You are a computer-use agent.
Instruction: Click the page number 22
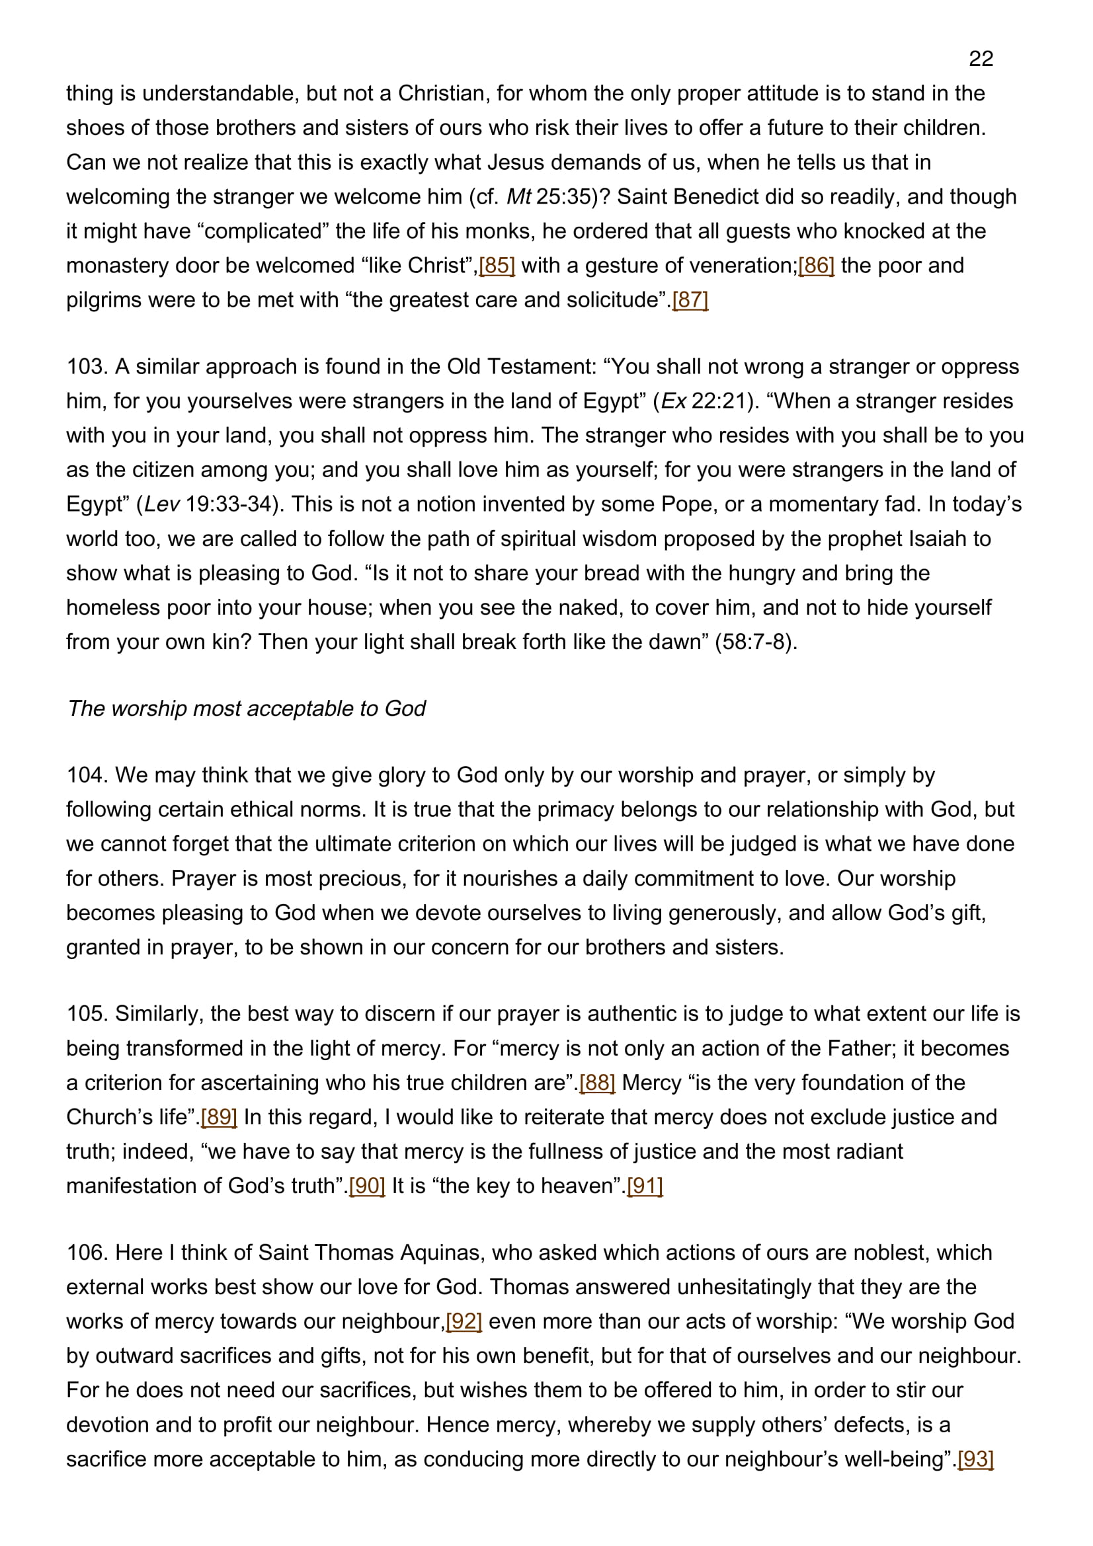[981, 59]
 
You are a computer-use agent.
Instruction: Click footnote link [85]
[497, 265]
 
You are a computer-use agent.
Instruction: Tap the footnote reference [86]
[816, 265]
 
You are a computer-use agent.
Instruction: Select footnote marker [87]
[690, 299]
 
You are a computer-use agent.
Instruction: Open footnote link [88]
[597, 1083]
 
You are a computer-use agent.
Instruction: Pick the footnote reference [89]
[219, 1117]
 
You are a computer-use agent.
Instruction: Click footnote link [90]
[367, 1186]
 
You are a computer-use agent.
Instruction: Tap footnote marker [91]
[645, 1186]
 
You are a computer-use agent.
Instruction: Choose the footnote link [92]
[464, 1321]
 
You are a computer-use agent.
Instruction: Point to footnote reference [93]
[975, 1459]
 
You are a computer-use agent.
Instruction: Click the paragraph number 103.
[87, 367]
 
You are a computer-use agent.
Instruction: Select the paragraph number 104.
[87, 775]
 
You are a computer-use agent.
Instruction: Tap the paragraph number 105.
[87, 1014]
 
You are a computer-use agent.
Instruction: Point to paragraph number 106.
[87, 1253]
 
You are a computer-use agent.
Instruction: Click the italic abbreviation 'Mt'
[518, 196]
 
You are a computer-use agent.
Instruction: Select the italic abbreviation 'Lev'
[161, 504]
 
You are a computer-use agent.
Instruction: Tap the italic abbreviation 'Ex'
[673, 401]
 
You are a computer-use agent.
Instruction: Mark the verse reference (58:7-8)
[755, 642]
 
